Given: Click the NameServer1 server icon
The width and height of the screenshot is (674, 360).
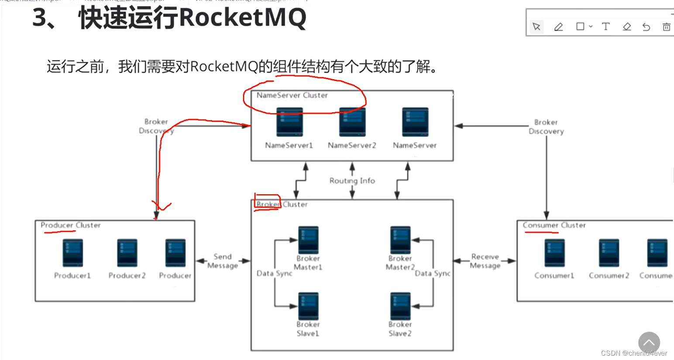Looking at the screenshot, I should click(289, 123).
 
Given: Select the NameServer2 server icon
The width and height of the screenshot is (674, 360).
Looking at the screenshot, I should click(352, 123).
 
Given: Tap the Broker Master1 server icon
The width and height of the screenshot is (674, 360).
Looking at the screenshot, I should click(308, 240).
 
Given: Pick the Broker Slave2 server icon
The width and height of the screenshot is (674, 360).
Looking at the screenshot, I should click(400, 306).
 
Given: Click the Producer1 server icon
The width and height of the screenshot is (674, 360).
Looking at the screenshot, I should click(72, 253).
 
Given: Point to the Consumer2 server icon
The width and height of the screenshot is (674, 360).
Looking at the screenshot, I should click(609, 253).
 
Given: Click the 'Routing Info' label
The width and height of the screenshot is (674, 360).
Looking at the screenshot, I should click(352, 181).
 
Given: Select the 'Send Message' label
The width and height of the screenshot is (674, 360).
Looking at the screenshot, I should click(223, 261).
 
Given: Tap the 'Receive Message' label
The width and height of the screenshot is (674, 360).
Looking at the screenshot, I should click(485, 261).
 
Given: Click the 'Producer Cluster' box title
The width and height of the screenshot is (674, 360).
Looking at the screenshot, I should click(71, 225).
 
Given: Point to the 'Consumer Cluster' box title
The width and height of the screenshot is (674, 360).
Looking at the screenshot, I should click(554, 225).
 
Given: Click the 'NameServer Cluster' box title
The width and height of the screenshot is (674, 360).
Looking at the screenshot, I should click(292, 95).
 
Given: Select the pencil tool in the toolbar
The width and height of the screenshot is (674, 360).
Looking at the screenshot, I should click(558, 27).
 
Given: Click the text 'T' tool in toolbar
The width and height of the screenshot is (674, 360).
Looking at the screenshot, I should click(605, 27).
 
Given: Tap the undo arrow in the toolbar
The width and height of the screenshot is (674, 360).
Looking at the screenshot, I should click(646, 27).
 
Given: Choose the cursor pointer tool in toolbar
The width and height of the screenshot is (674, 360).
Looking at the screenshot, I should click(536, 27).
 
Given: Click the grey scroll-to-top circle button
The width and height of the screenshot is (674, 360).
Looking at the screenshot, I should click(649, 343).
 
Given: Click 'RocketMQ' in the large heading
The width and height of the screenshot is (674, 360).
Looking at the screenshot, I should click(243, 18).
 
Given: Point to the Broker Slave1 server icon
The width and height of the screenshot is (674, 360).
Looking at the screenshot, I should click(308, 306).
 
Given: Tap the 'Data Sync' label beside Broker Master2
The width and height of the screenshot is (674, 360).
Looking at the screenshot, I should click(432, 273).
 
